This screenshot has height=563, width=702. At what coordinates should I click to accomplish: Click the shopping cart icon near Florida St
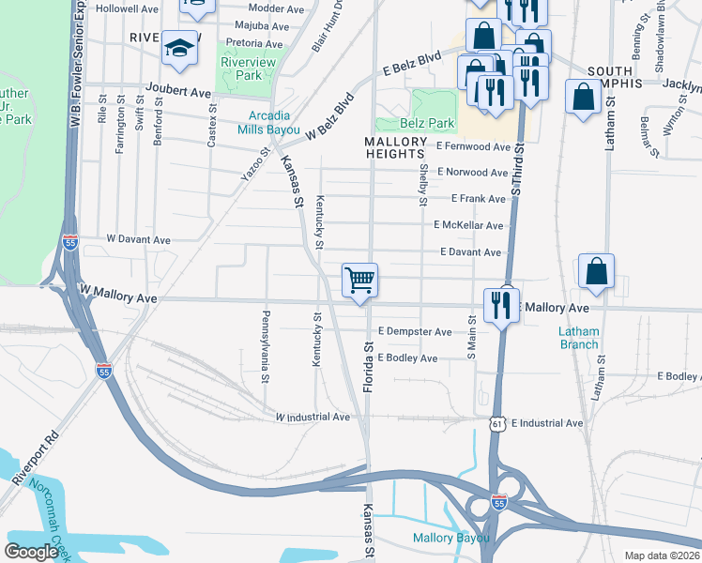tap(359, 280)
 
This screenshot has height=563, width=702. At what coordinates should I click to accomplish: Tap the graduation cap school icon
tap(178, 48)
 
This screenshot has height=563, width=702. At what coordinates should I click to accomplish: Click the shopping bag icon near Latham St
tap(596, 272)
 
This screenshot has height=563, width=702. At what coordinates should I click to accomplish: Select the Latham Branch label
tap(578, 338)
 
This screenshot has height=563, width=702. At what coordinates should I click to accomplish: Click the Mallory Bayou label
tap(451, 538)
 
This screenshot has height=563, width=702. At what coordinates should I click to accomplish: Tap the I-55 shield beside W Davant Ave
tap(69, 242)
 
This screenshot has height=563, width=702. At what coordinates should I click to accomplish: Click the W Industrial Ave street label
tap(313, 417)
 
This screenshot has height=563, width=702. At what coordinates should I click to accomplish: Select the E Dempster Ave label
tap(415, 331)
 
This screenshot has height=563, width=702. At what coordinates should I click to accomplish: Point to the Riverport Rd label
tap(35, 459)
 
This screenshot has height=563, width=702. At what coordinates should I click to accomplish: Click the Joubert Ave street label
tap(177, 94)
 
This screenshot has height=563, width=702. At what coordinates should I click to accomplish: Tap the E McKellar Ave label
tap(468, 225)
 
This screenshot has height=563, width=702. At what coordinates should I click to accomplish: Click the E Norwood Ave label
tap(472, 173)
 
